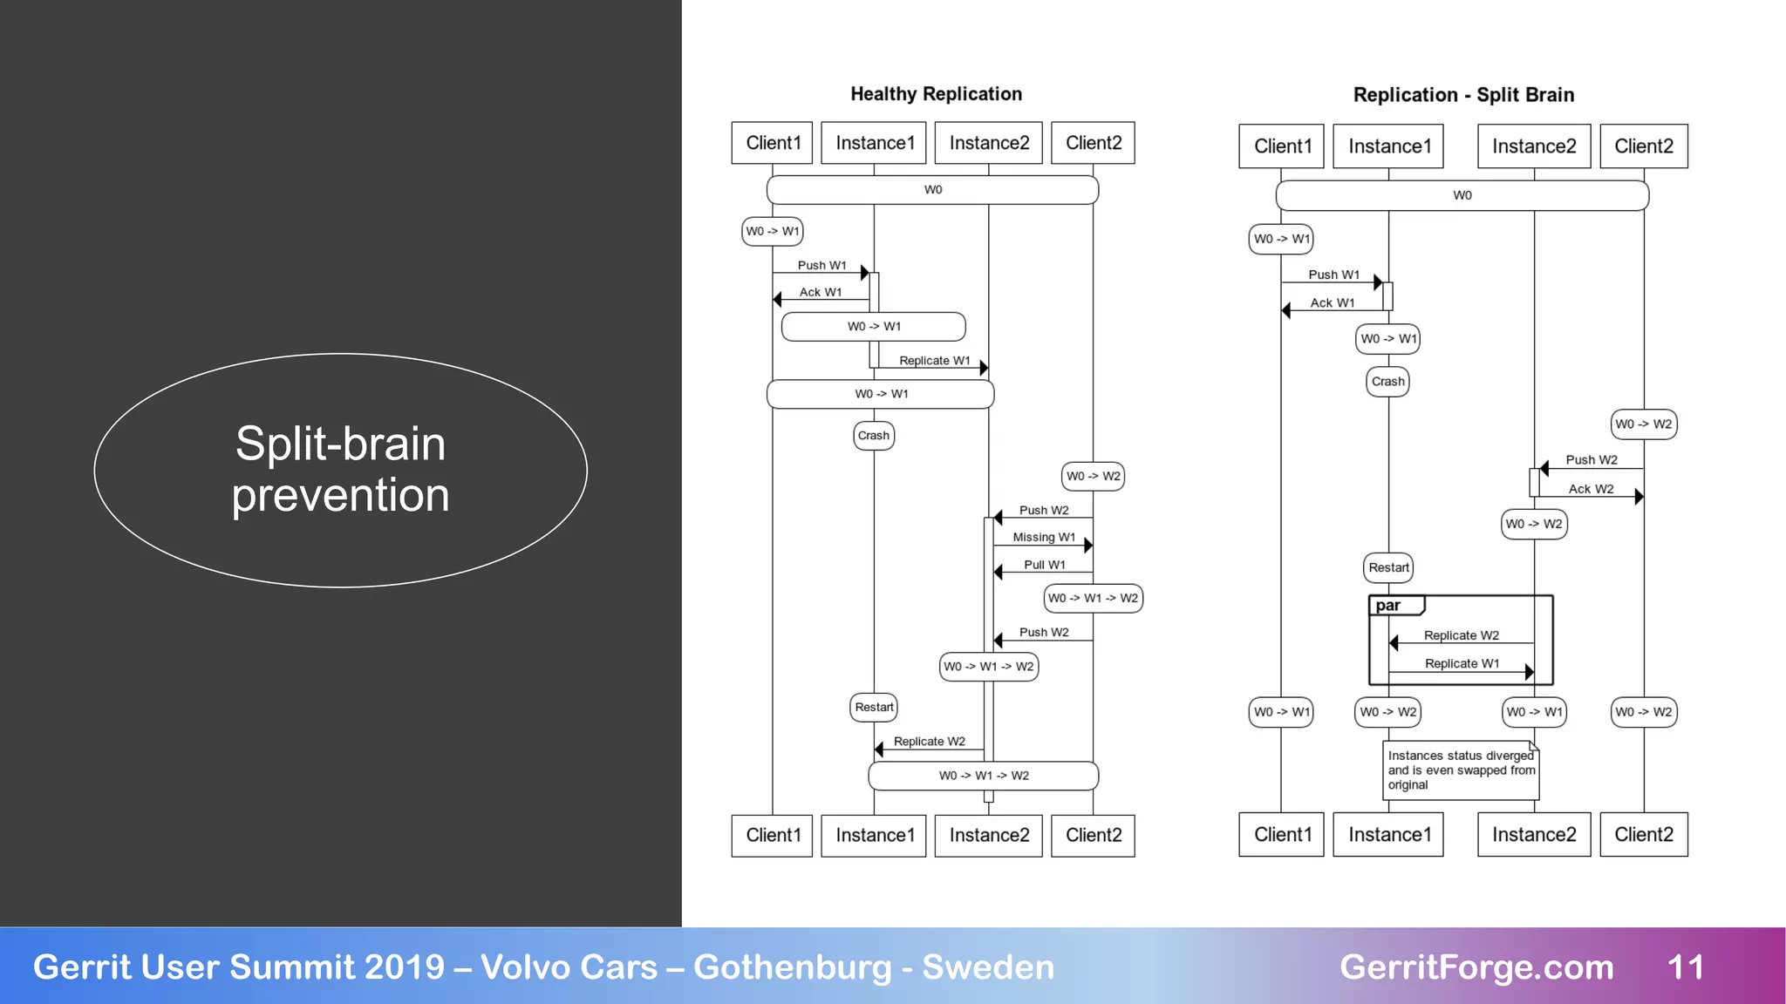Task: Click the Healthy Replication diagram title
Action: coord(936,94)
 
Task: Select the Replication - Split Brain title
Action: coord(1463,95)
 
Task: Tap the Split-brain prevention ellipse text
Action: coord(340,470)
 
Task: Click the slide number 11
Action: coord(1685,967)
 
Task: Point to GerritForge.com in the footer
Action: coord(1476,967)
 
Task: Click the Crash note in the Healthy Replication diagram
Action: coord(873,436)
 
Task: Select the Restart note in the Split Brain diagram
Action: coord(1388,568)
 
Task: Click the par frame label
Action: coord(1388,606)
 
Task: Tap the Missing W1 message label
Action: coord(1044,538)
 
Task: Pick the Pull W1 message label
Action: coord(1044,565)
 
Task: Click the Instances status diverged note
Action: coord(1461,770)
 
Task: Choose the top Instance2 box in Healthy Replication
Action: coord(989,143)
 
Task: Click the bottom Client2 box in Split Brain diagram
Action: coord(1643,835)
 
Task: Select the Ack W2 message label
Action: coord(1591,490)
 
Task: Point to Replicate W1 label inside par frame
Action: coord(1462,664)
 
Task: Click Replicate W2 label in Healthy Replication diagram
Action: coord(929,742)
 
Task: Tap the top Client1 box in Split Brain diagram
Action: coord(1282,146)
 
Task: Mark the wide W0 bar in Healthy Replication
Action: coord(932,190)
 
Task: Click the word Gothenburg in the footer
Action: coord(792,967)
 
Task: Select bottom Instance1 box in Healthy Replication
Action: coord(874,836)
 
